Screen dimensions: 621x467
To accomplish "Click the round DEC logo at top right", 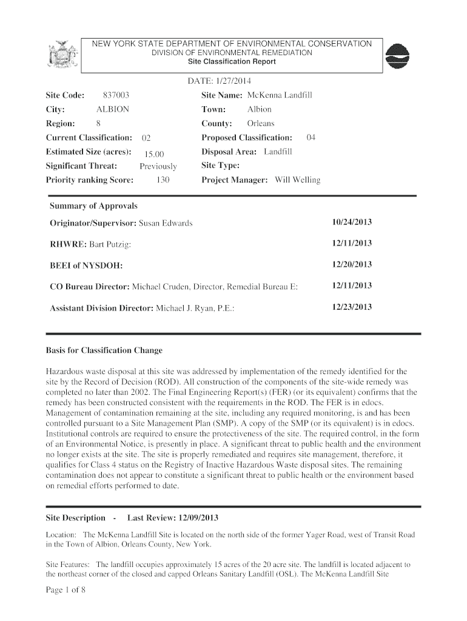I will pyautogui.click(x=398, y=58).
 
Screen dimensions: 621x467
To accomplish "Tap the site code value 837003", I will pyautogui.click(x=115, y=95).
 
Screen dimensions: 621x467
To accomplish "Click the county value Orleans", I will pyautogui.click(x=261, y=124).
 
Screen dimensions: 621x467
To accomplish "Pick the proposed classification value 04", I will pyautogui.click(x=311, y=138).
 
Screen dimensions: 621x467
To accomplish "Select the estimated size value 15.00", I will pyautogui.click(x=154, y=153).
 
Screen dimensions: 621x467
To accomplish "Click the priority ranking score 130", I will pyautogui.click(x=162, y=180).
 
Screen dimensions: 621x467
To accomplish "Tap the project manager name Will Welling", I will pyautogui.click(x=297, y=180).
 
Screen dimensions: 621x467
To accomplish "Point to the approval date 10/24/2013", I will pyautogui.click(x=352, y=223).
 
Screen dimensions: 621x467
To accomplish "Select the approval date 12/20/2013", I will pyautogui.click(x=352, y=264).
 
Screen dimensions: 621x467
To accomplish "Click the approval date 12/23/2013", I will pyautogui.click(x=352, y=307).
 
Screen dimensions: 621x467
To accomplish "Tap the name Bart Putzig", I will pyautogui.click(x=109, y=244).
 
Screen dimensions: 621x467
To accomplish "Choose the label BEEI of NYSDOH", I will pyautogui.click(x=86, y=265).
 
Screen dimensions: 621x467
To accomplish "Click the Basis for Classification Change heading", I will pyautogui.click(x=104, y=351).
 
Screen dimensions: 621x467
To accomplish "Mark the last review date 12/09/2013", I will pyautogui.click(x=198, y=519).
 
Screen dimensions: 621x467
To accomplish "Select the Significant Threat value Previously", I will pyautogui.click(x=158, y=166).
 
